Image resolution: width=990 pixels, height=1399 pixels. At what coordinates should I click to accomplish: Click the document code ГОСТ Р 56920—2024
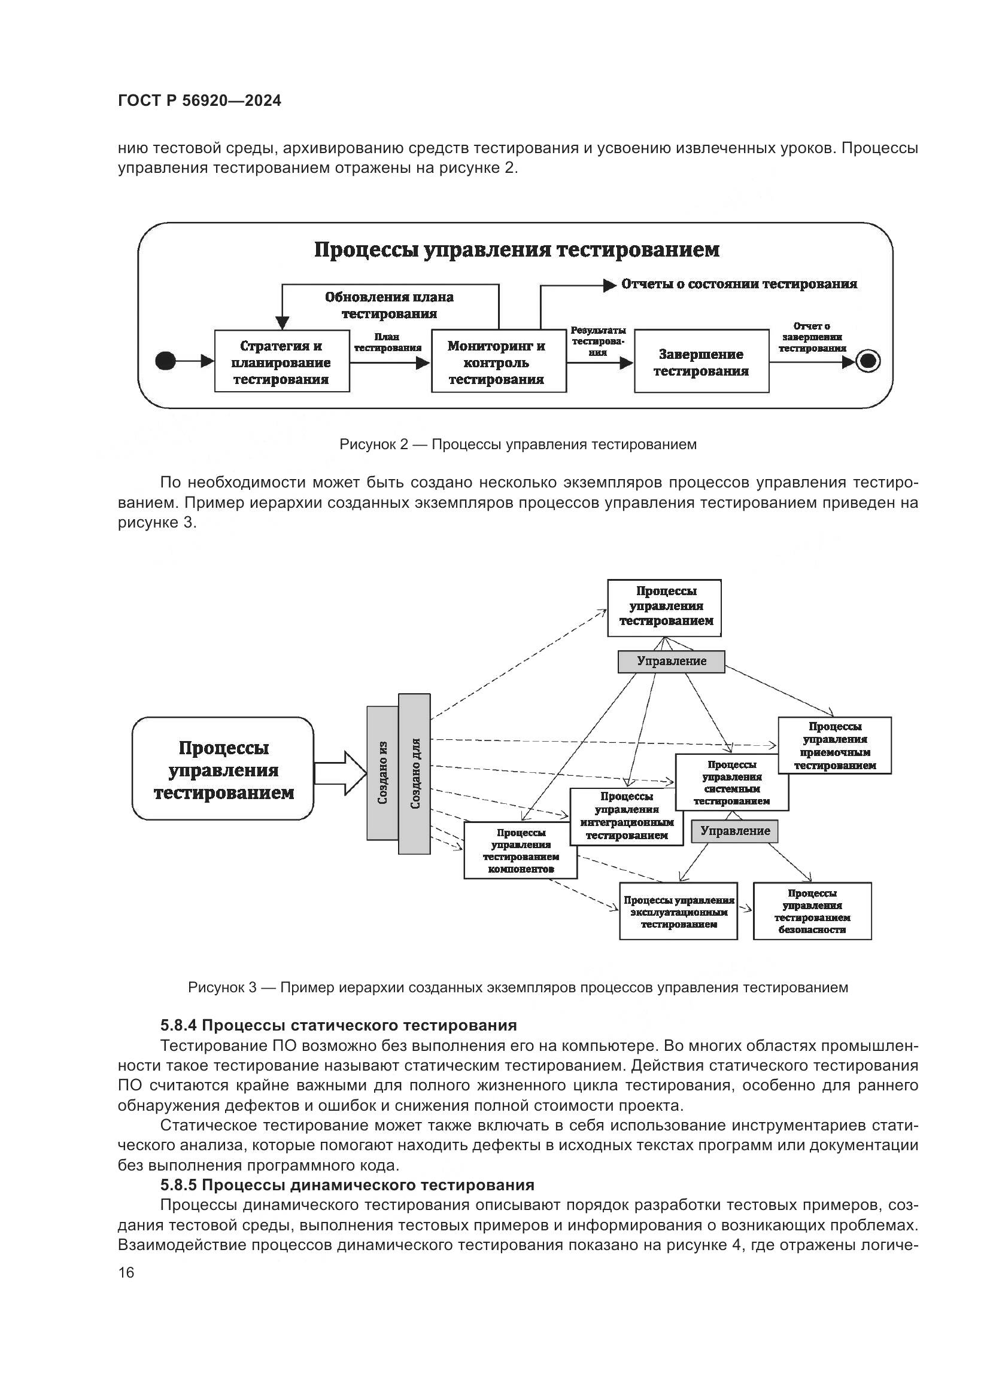(199, 100)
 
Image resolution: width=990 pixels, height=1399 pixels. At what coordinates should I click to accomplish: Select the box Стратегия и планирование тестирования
(282, 361)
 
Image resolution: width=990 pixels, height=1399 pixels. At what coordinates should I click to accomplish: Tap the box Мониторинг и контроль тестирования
(497, 361)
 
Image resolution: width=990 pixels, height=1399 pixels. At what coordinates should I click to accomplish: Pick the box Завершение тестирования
(701, 362)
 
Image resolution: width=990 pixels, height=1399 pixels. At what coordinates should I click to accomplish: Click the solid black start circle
(165, 361)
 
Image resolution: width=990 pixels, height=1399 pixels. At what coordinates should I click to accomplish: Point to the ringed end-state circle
(868, 361)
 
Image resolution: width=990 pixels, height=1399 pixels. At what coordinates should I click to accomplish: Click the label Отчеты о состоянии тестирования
(739, 284)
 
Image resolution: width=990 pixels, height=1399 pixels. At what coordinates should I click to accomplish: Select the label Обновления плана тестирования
(389, 305)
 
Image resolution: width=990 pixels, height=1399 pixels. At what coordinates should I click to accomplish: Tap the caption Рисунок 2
(518, 444)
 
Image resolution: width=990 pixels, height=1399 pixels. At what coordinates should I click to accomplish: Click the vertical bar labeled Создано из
(382, 773)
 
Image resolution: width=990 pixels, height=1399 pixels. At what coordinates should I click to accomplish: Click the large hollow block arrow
(340, 773)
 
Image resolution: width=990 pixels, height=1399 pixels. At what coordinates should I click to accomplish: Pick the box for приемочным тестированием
(834, 746)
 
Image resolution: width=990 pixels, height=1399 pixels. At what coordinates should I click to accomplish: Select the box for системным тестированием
(731, 782)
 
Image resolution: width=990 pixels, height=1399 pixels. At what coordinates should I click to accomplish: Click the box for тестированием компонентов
(520, 851)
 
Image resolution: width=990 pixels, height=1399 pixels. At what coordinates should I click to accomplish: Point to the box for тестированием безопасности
(812, 911)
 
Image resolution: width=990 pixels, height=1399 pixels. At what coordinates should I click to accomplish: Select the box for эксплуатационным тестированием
(678, 912)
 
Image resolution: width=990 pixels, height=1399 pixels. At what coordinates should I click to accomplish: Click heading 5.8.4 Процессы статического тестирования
(338, 1026)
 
